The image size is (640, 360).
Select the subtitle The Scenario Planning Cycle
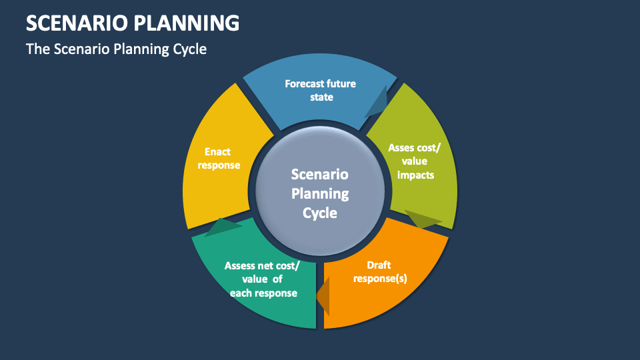[x=116, y=49]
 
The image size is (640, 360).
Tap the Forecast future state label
[x=320, y=91]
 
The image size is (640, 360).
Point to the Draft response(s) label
[x=379, y=272]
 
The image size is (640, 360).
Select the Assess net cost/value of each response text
[x=263, y=279]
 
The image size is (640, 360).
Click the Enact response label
[x=218, y=159]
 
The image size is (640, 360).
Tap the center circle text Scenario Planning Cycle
[x=320, y=193]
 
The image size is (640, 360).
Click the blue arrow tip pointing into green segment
[x=376, y=107]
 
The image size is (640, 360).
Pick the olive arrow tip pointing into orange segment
[x=422, y=220]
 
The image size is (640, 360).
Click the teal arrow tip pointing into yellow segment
[x=223, y=227]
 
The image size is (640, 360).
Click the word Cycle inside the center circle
[x=320, y=213]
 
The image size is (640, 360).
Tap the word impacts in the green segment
[x=415, y=175]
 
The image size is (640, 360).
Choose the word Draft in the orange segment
[x=379, y=265]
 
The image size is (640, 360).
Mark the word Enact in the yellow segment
[x=218, y=152]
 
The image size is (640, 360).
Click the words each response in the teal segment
[x=263, y=293]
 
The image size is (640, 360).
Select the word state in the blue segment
[x=321, y=97]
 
